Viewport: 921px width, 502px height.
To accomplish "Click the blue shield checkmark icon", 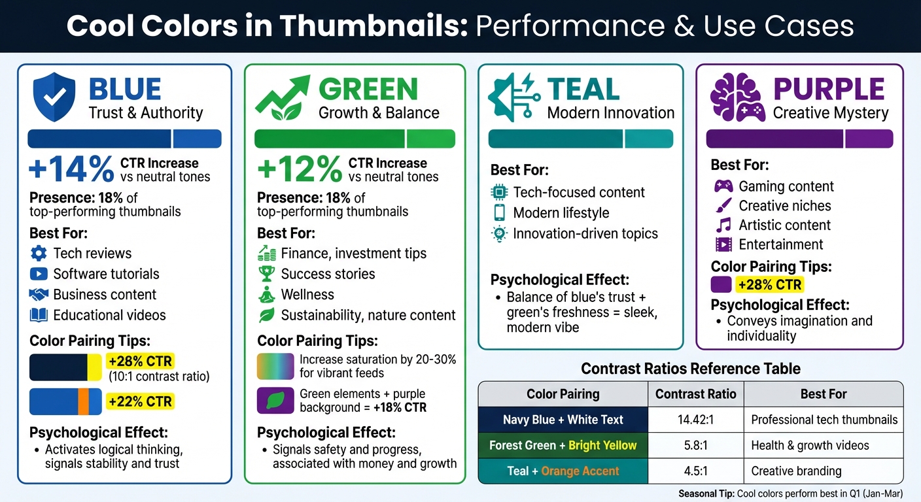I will tap(54, 97).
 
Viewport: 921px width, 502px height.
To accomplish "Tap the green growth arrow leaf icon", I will tap(282, 98).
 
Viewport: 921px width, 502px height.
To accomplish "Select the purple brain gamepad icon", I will tap(737, 97).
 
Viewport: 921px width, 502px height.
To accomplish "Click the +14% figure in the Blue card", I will tap(71, 169).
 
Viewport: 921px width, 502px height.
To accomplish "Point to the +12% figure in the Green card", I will tap(299, 169).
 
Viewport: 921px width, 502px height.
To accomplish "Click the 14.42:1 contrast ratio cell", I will tap(696, 420).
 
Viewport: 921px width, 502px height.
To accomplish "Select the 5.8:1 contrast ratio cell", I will tap(696, 445).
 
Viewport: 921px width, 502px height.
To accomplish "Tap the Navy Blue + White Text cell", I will tap(563, 420).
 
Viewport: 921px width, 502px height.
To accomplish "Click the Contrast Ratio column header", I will tap(696, 394).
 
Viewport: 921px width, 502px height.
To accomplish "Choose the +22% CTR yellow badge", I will tap(139, 402).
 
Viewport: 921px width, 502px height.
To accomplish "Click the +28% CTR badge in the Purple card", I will tap(769, 285).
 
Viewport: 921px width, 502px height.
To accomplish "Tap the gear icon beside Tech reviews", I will tap(39, 254).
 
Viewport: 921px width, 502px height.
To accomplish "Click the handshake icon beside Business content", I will tap(39, 295).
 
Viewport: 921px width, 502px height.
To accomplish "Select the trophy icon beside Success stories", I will tap(267, 274).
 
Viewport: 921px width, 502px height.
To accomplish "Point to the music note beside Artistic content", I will tap(723, 226).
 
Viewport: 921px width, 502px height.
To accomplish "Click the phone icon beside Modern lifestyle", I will tap(499, 213).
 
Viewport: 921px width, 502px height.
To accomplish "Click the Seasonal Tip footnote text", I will tap(790, 493).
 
